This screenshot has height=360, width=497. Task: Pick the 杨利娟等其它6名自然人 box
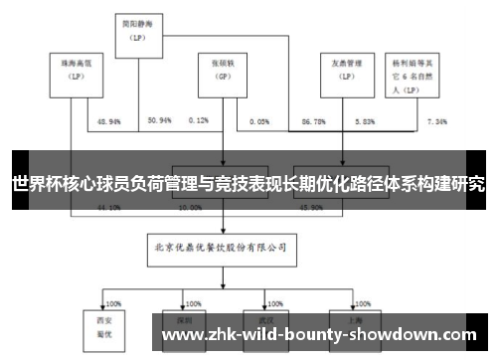point(414,73)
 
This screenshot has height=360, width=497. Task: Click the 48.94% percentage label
point(108,120)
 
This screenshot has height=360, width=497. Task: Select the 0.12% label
point(199,120)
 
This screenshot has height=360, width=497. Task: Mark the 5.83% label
point(366,120)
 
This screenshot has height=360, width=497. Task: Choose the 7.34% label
point(437,120)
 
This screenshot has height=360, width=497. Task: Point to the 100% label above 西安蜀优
point(112,302)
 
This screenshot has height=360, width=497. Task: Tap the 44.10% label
point(108,208)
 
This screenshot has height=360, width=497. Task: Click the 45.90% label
point(310,208)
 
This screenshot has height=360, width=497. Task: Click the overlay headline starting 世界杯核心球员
point(248,185)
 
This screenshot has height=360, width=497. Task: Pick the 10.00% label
point(189,208)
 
